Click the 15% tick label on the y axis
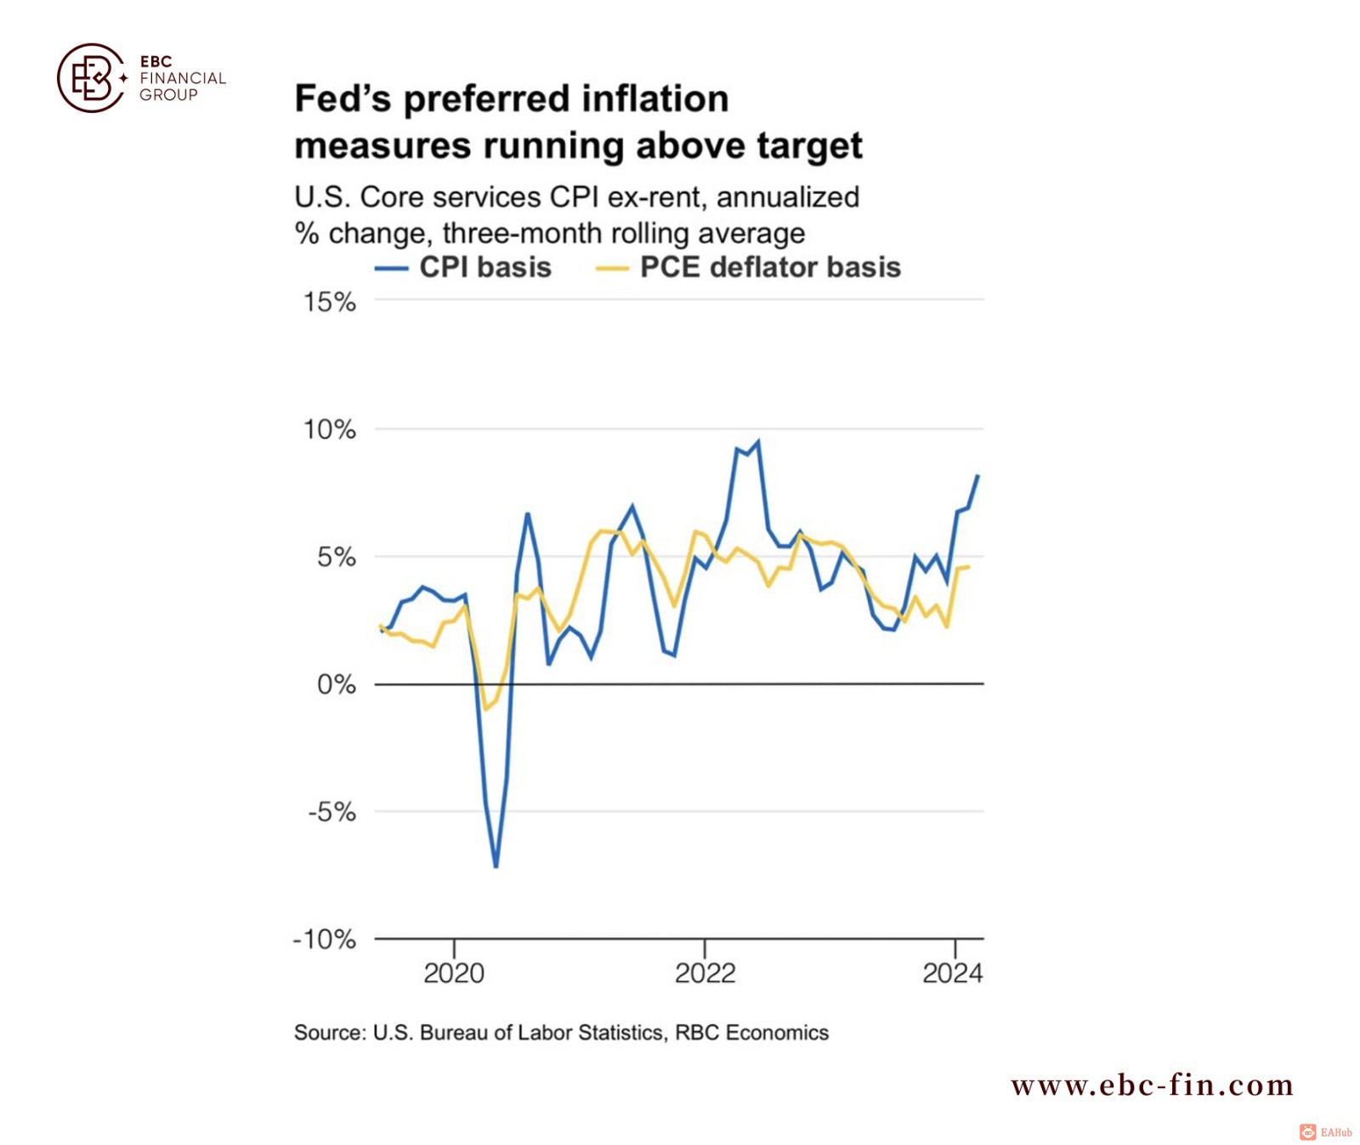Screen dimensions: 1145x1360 (x=330, y=303)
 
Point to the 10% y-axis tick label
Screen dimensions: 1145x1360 (x=330, y=430)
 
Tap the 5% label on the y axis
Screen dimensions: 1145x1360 (x=337, y=558)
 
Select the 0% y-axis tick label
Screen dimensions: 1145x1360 (x=337, y=685)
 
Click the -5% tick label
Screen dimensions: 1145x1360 (x=331, y=813)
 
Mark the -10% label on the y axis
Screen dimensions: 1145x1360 (x=324, y=940)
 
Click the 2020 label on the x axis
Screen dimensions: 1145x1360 (x=454, y=973)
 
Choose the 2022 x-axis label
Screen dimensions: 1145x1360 (x=705, y=973)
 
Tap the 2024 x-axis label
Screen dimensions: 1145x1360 (x=952, y=973)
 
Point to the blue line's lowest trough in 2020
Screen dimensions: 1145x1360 (x=496, y=866)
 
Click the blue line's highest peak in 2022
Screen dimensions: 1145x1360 (x=757, y=441)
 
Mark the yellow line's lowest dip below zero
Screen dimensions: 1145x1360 (x=485, y=708)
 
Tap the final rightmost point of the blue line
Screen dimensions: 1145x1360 (x=977, y=476)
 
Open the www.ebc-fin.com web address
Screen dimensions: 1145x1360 (x=1152, y=1085)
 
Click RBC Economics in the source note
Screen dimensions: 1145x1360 (x=751, y=1033)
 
